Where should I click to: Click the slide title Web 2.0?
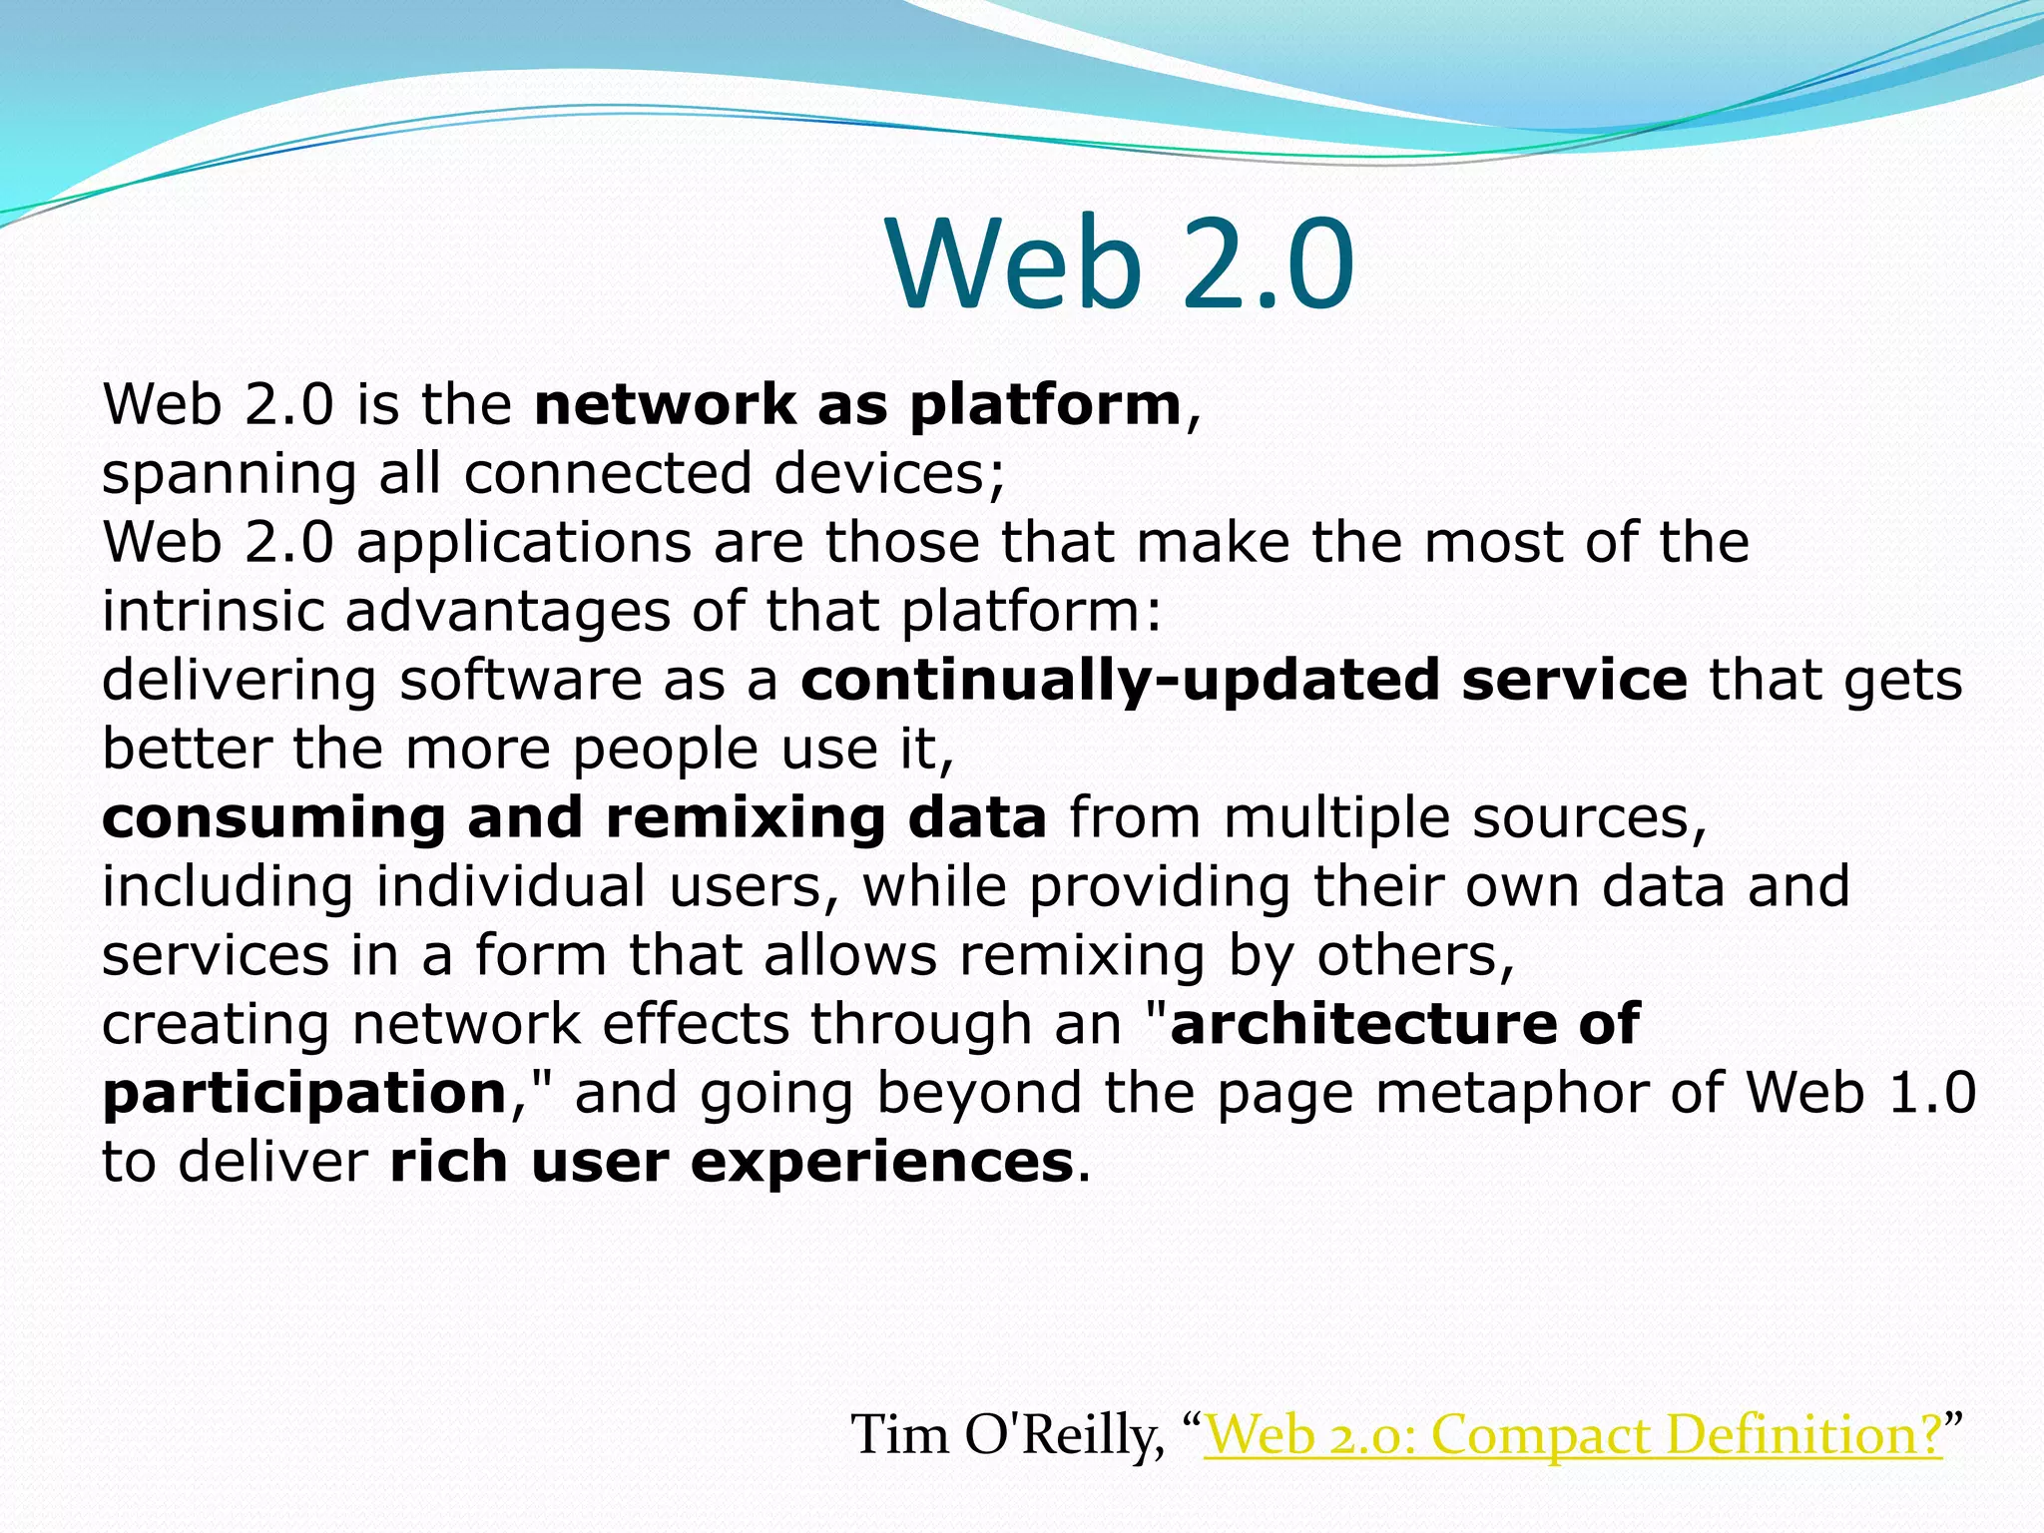(1120, 264)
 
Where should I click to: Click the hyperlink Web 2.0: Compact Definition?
(1573, 1434)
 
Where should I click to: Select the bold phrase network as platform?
(858, 405)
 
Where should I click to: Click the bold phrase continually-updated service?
(1244, 680)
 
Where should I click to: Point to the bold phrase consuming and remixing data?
(574, 817)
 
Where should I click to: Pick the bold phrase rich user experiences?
(732, 1162)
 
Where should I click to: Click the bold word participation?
(305, 1094)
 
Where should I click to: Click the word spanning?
(229, 475)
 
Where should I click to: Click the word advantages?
(508, 612)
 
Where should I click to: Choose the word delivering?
(239, 682)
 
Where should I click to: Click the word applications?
(523, 544)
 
